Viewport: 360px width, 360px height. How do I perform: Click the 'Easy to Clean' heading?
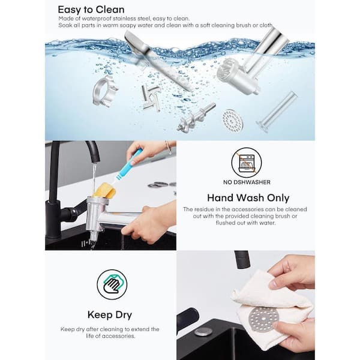pyautogui.click(x=91, y=10)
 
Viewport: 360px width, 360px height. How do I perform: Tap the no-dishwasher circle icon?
pyautogui.click(x=247, y=163)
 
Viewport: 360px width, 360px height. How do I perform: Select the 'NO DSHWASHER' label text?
pyautogui.click(x=247, y=182)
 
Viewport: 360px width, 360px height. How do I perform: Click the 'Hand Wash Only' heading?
pyautogui.click(x=248, y=198)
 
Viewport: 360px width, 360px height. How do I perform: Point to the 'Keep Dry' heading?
pyautogui.click(x=110, y=315)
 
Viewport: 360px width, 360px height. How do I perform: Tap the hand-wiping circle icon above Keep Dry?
pyautogui.click(x=112, y=284)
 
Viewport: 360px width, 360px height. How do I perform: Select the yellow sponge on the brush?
pyautogui.click(x=105, y=190)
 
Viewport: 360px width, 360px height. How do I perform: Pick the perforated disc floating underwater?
pyautogui.click(x=232, y=121)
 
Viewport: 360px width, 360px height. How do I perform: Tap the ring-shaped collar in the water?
pyautogui.click(x=105, y=91)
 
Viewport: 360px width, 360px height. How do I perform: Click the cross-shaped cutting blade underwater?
pyautogui.click(x=151, y=97)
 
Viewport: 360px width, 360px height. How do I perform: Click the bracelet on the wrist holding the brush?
pyautogui.click(x=168, y=148)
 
